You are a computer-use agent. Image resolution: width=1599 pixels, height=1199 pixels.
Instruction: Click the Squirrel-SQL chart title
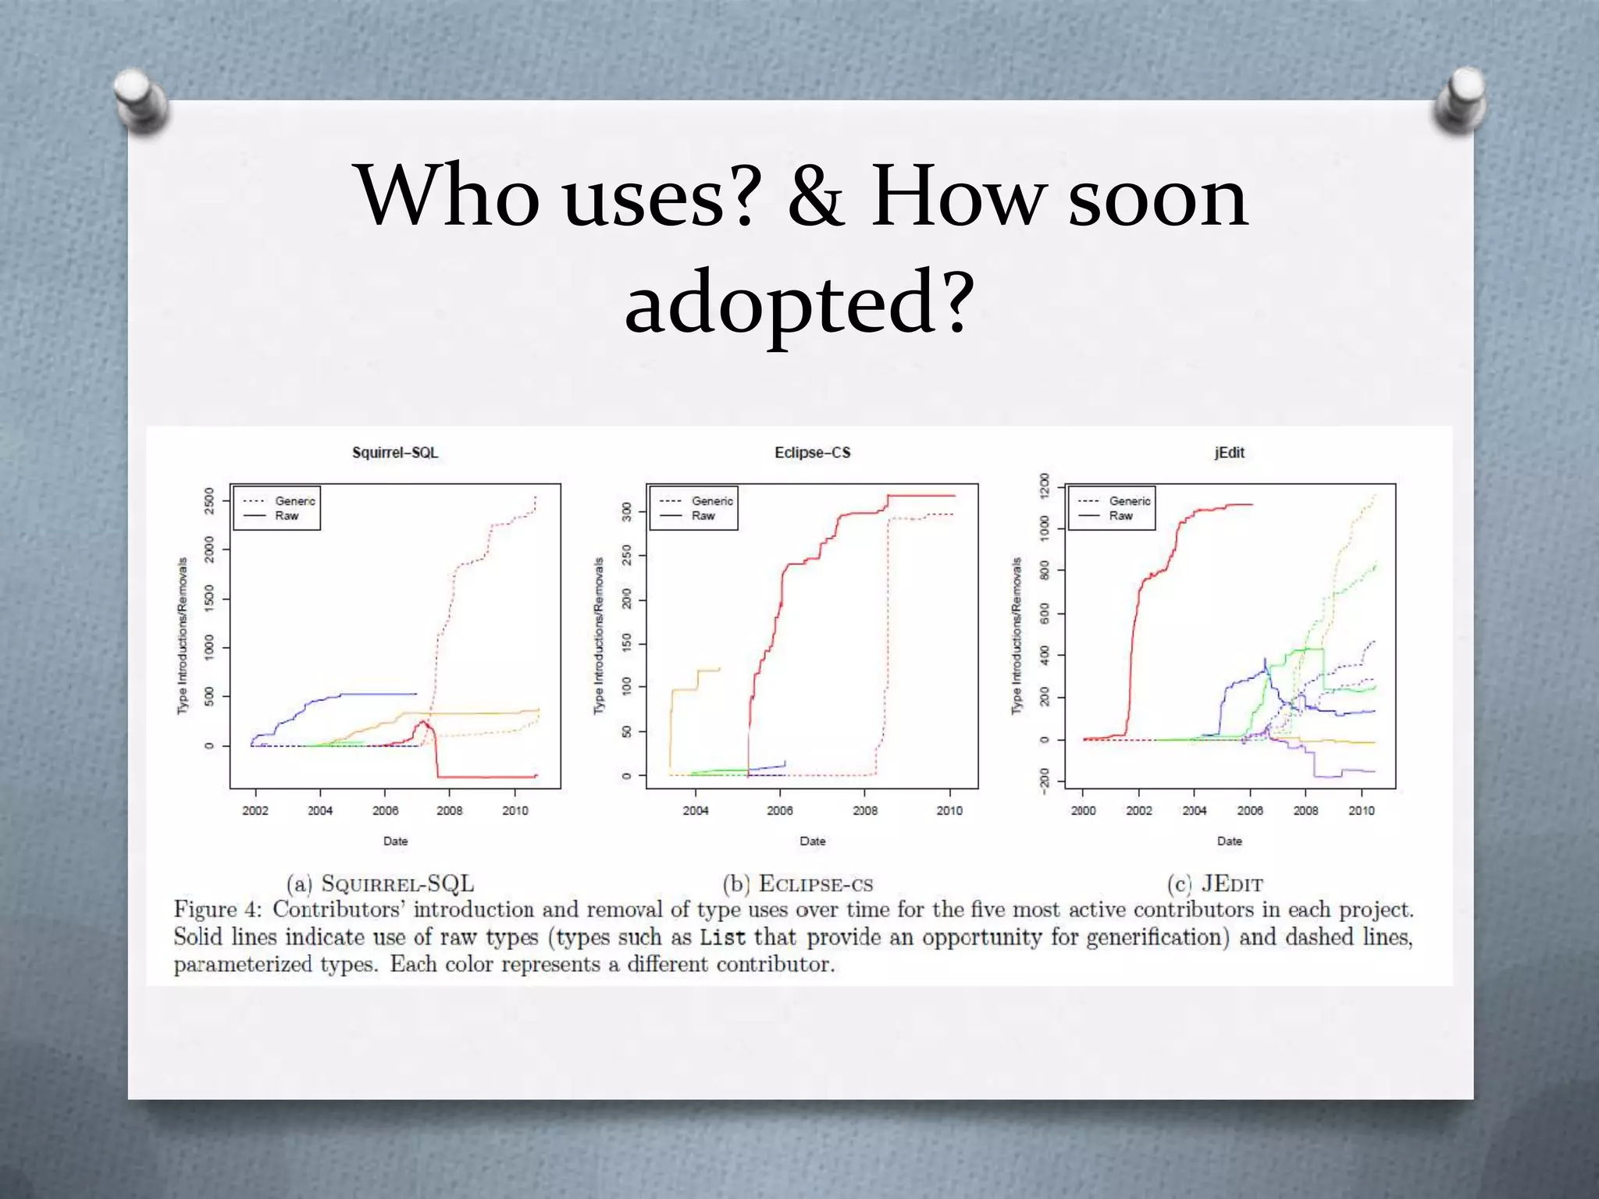click(395, 453)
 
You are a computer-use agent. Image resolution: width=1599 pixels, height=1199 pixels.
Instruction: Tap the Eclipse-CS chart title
click(812, 453)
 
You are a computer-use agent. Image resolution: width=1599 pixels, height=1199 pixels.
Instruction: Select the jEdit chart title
click(1229, 453)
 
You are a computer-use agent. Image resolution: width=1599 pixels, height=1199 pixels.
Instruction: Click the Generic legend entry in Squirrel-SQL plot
click(294, 501)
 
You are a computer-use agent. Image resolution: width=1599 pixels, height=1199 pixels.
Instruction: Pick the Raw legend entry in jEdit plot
click(1120, 516)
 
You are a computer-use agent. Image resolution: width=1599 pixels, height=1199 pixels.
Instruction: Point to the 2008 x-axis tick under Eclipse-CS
click(865, 810)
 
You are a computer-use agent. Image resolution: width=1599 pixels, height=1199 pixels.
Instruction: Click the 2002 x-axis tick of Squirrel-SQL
click(255, 810)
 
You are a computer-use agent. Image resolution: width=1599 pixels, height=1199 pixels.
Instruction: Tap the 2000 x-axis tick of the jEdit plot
click(1083, 810)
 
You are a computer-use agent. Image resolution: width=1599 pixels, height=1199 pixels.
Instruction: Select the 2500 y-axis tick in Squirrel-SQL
click(208, 500)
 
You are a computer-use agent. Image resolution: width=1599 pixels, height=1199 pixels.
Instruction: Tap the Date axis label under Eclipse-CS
click(812, 841)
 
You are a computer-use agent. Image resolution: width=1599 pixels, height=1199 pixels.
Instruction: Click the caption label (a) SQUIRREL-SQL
click(380, 884)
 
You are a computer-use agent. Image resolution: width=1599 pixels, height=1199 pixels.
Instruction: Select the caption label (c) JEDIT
click(1215, 884)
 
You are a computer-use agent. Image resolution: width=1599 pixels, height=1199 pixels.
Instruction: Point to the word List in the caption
click(722, 937)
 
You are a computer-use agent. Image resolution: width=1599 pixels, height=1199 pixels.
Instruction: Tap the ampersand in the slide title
click(816, 197)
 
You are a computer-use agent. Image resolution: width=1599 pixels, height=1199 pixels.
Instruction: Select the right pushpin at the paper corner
click(1460, 98)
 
